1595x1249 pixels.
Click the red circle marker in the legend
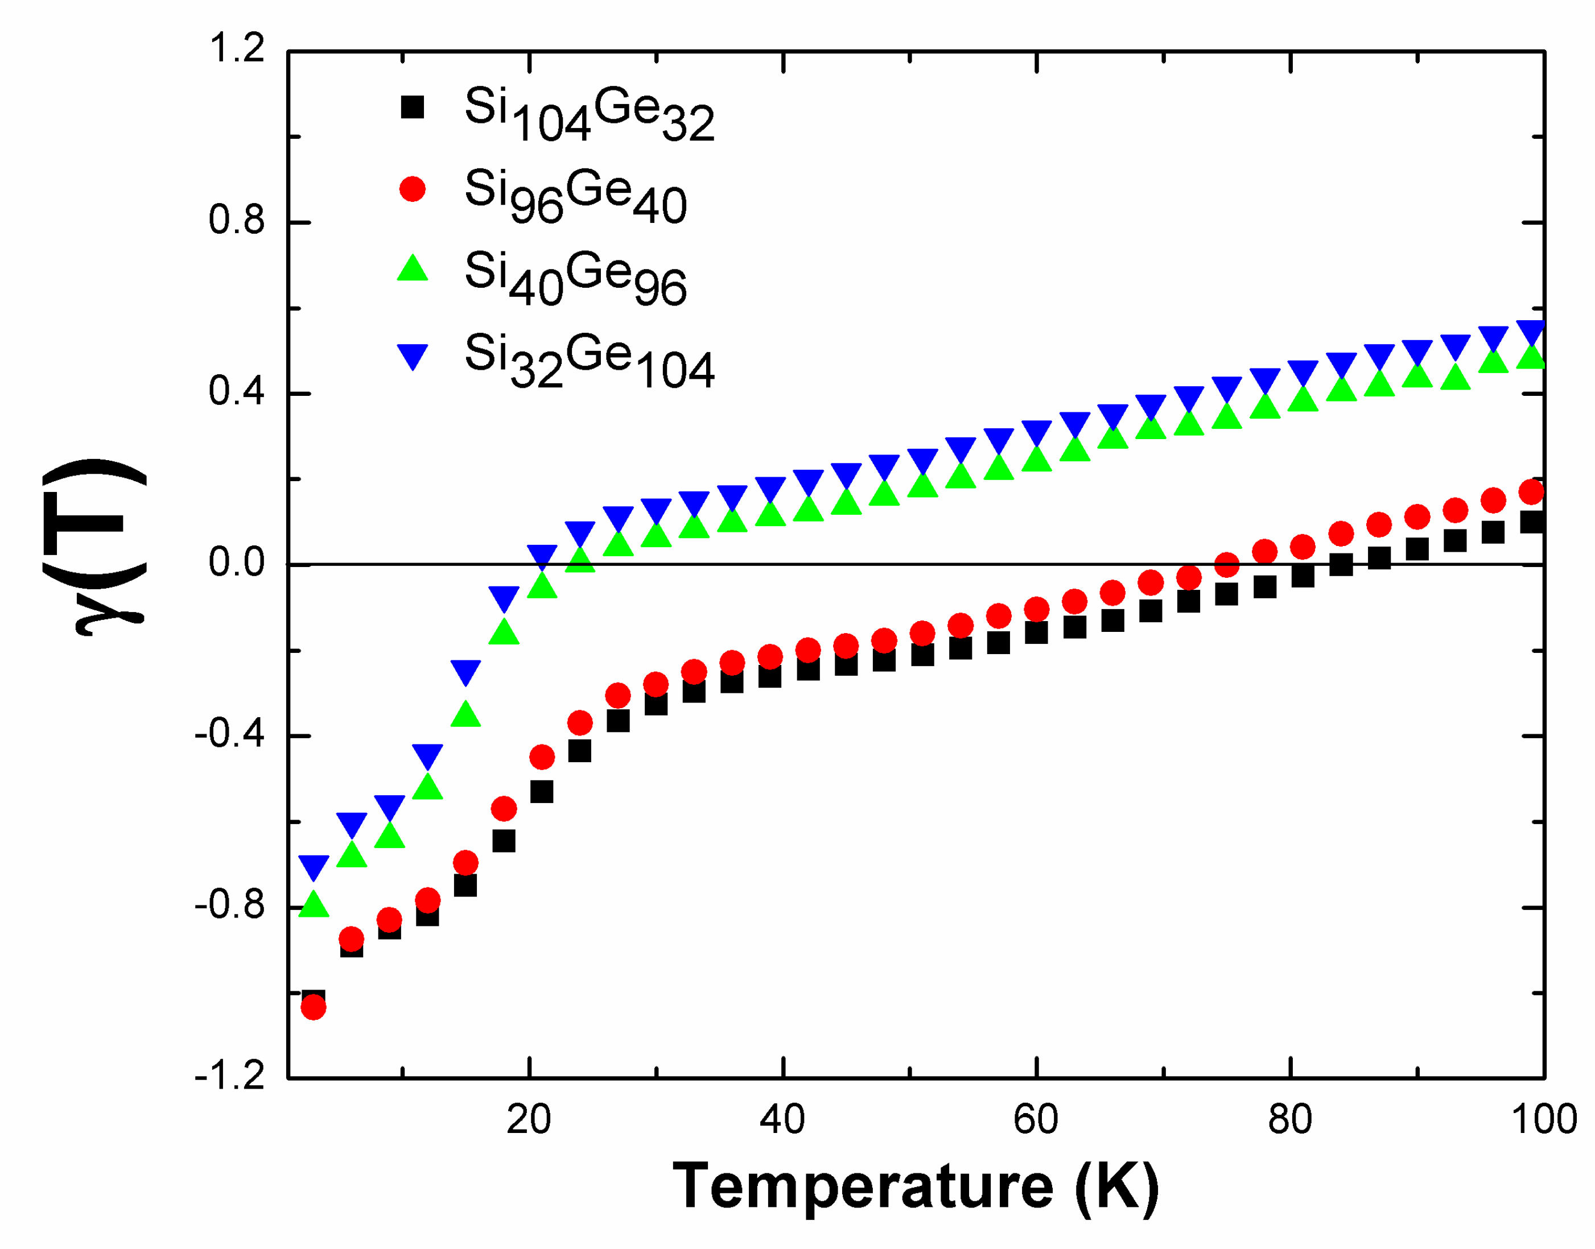[x=412, y=189]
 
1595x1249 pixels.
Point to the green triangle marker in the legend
[x=412, y=269]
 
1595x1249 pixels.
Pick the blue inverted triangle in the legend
[x=412, y=356]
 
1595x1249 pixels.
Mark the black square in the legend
[x=412, y=107]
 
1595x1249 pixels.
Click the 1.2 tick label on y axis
[x=236, y=49]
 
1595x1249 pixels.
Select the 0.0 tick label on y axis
[x=236, y=563]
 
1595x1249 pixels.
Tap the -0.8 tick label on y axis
[x=228, y=905]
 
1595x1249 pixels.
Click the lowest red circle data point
[x=313, y=1008]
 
